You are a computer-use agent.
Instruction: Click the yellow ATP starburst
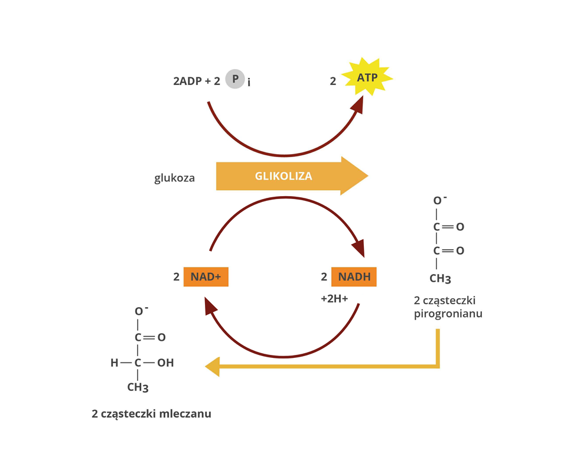tap(367, 77)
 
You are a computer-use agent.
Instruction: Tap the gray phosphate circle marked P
tap(235, 79)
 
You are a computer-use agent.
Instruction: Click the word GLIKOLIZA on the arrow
tap(283, 176)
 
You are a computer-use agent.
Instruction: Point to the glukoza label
tap(175, 177)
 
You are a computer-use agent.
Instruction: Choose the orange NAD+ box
tap(206, 276)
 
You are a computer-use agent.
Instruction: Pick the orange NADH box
tap(354, 276)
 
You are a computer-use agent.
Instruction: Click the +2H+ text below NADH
tap(335, 299)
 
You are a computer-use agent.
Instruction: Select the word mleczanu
tap(185, 414)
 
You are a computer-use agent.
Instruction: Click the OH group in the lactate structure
tap(165, 363)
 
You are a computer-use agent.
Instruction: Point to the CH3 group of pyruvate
tap(440, 278)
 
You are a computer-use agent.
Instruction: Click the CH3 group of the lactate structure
tap(138, 388)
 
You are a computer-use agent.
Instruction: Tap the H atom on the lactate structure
tap(115, 363)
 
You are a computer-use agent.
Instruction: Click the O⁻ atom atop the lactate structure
tap(139, 311)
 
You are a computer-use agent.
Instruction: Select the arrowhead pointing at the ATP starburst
tap(357, 104)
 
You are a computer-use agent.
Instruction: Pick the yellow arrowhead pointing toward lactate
tap(212, 367)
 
